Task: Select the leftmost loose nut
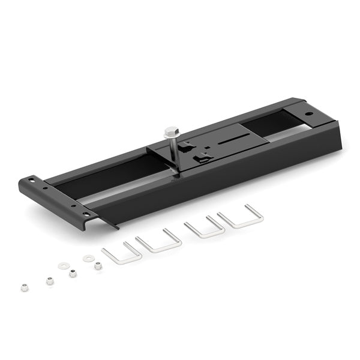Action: pyautogui.click(x=24, y=287)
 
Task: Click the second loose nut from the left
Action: pyautogui.click(x=49, y=280)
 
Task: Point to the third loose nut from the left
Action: pyautogui.click(x=73, y=273)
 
